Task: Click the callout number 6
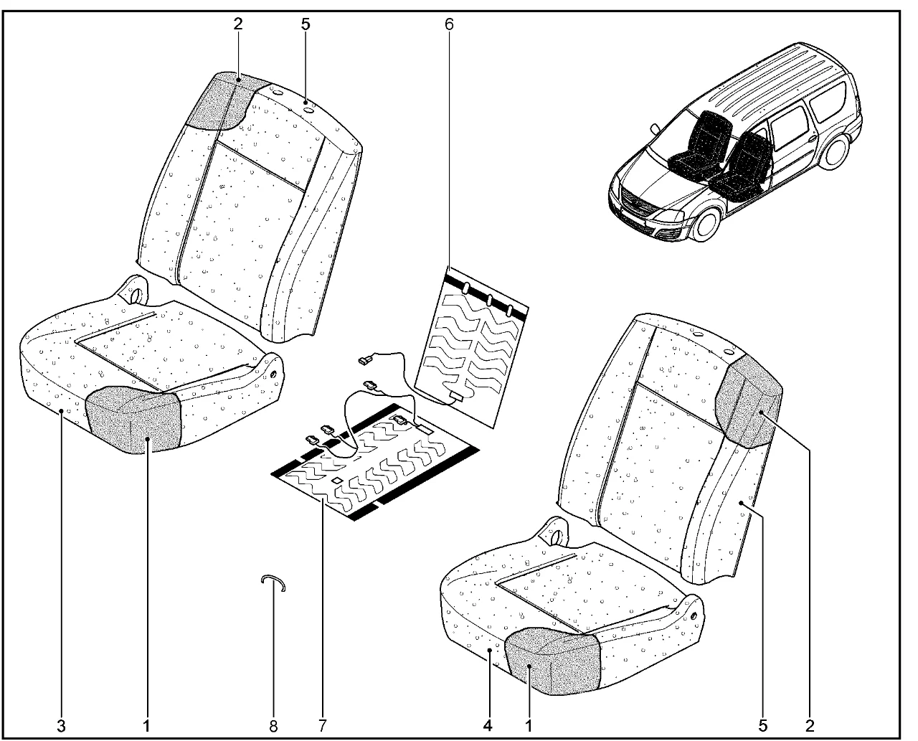(x=449, y=24)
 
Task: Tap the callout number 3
(x=61, y=727)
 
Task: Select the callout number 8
(x=273, y=727)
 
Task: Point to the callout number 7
(x=323, y=727)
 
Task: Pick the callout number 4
(x=488, y=727)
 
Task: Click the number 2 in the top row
(x=238, y=24)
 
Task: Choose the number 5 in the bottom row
(x=763, y=727)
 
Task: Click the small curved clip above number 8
(x=273, y=579)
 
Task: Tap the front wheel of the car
(x=706, y=225)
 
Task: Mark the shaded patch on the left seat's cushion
(x=132, y=420)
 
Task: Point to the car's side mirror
(x=655, y=129)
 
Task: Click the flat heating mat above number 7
(x=374, y=461)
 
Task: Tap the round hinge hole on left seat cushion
(x=136, y=295)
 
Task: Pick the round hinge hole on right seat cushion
(x=557, y=537)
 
